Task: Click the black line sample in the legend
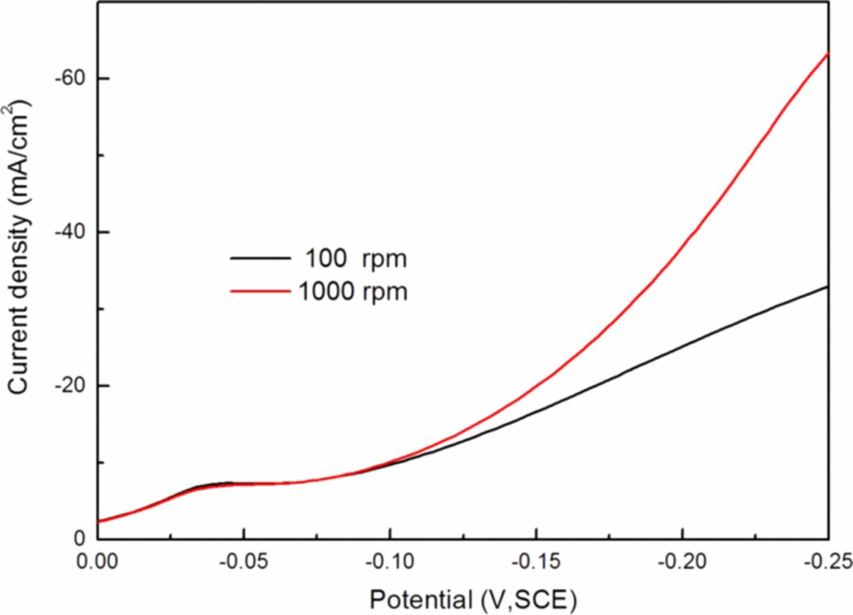(261, 258)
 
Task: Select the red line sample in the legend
(261, 291)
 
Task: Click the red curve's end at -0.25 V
(828, 53)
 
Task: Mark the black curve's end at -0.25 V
(828, 287)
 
